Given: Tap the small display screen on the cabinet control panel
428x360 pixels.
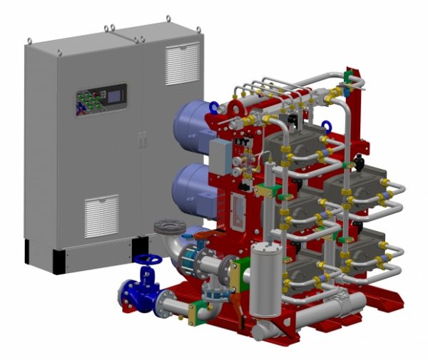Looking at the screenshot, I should tap(111, 94).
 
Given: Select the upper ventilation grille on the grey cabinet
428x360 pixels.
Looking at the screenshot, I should tap(182, 63).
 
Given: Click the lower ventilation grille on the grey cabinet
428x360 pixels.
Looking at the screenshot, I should tap(101, 216).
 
